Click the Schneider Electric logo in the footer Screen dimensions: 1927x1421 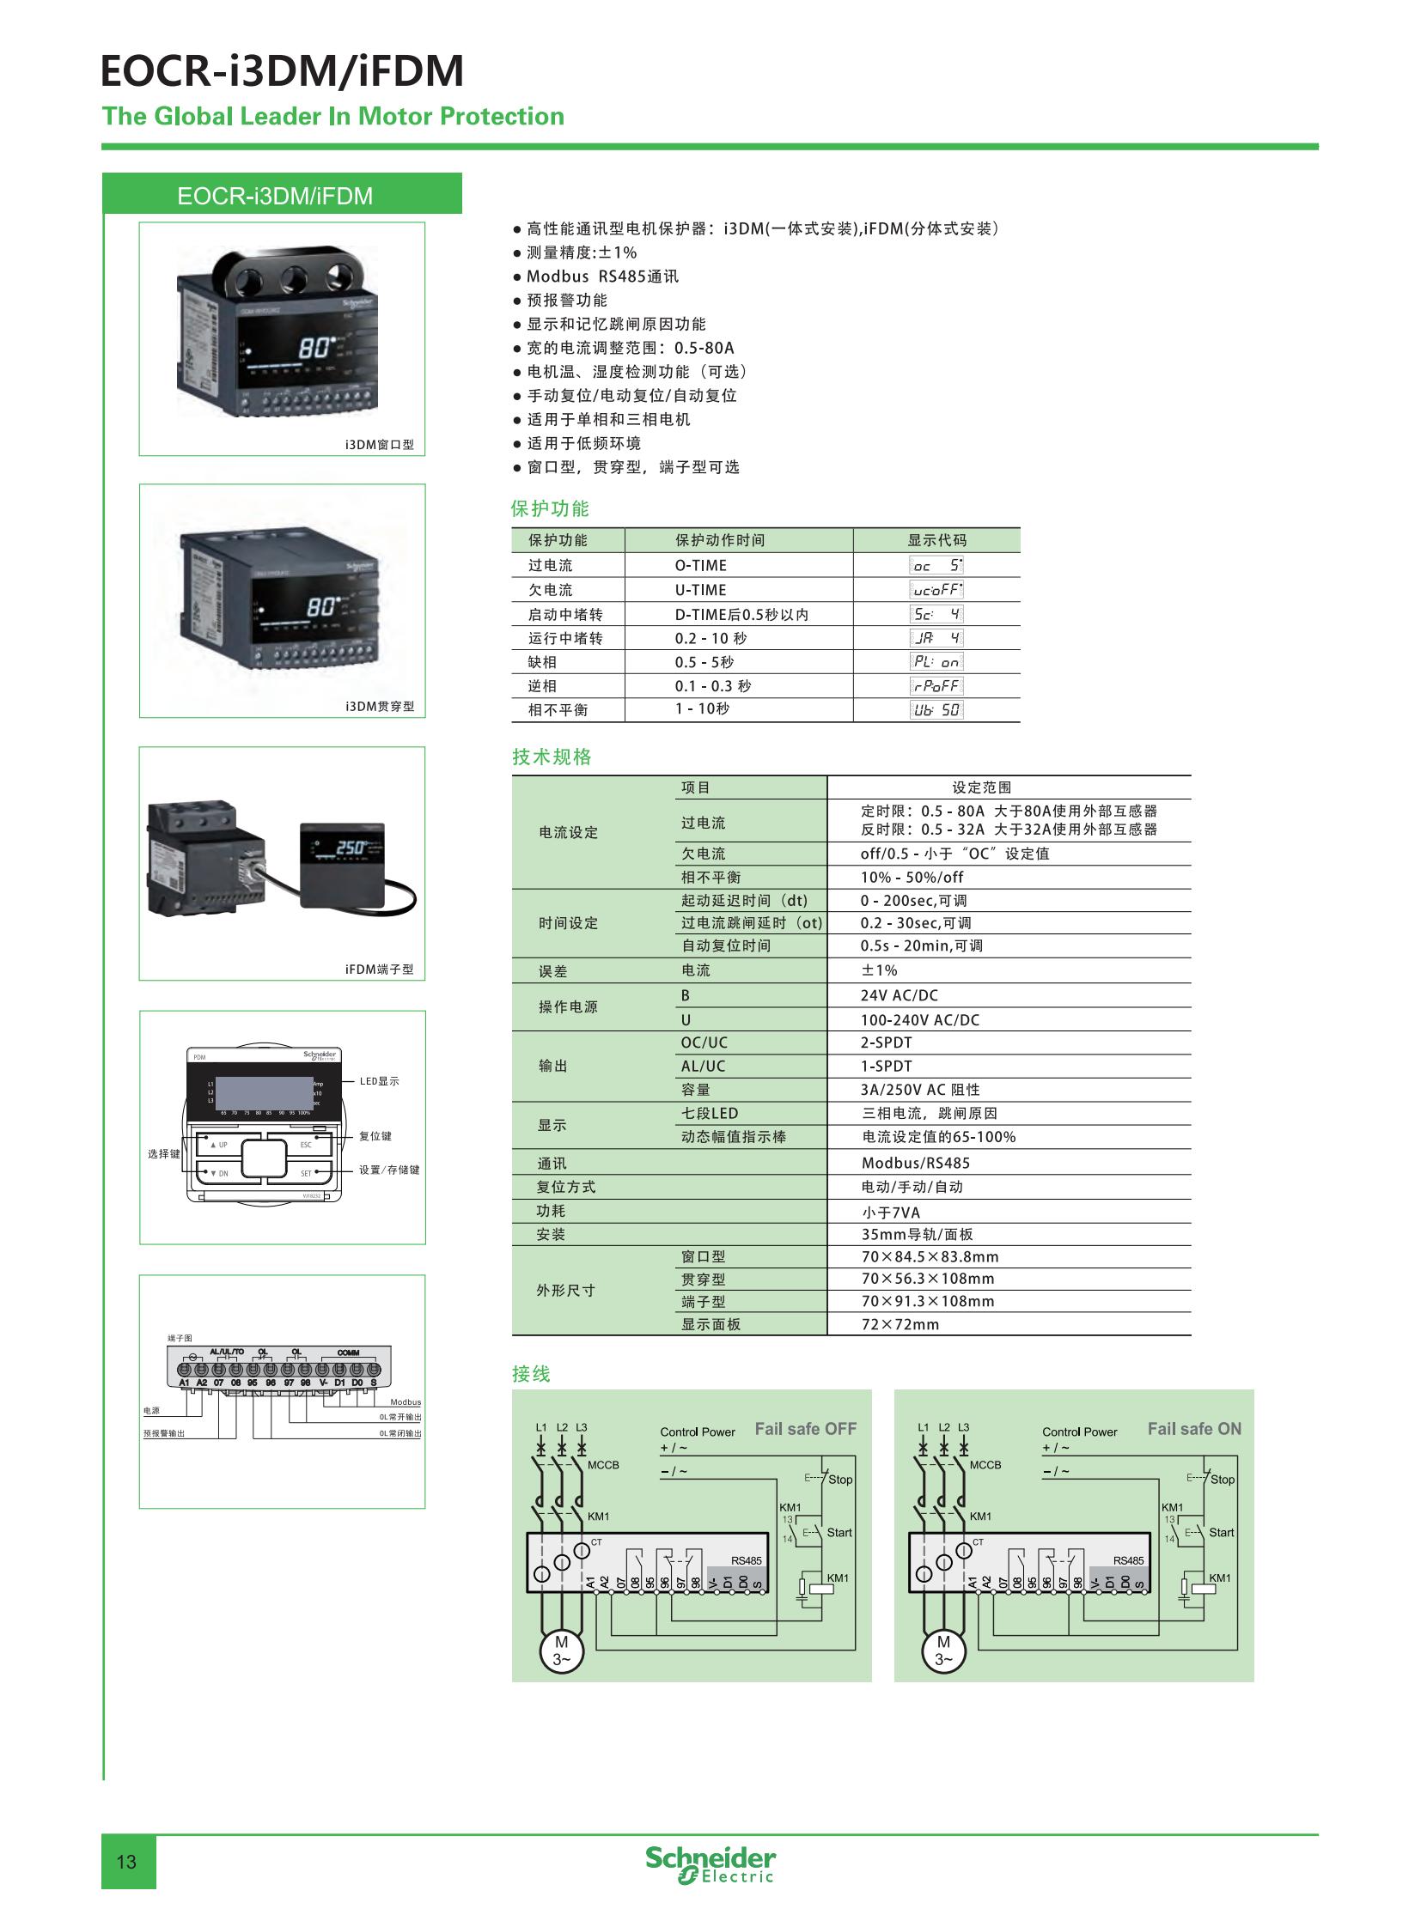pyautogui.click(x=710, y=1863)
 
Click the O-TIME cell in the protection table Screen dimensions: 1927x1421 pyautogui.click(x=700, y=565)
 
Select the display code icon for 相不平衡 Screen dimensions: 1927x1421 pyautogui.click(x=936, y=709)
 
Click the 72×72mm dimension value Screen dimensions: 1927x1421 pyautogui.click(x=900, y=1324)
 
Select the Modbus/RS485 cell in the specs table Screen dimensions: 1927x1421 pyautogui.click(x=915, y=1163)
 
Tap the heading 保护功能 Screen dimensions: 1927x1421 pyautogui.click(x=550, y=508)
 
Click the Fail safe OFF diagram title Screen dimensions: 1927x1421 pyautogui.click(x=805, y=1428)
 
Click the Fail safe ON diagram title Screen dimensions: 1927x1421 pyautogui.click(x=1194, y=1428)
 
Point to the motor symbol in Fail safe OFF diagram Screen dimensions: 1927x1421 pyautogui.click(x=561, y=1650)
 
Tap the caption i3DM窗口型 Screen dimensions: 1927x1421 pyautogui.click(x=380, y=445)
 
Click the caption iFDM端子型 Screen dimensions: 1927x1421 pyautogui.click(x=380, y=970)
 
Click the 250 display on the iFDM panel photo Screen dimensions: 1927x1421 pyautogui.click(x=351, y=848)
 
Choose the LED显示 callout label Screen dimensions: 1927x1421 pyautogui.click(x=380, y=1081)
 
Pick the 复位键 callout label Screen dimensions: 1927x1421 pyautogui.click(x=375, y=1136)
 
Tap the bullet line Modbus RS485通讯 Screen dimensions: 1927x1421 pyautogui.click(x=602, y=276)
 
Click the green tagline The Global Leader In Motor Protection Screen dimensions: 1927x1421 pyautogui.click(x=332, y=116)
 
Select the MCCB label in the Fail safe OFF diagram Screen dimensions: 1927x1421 pyautogui.click(x=603, y=1464)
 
